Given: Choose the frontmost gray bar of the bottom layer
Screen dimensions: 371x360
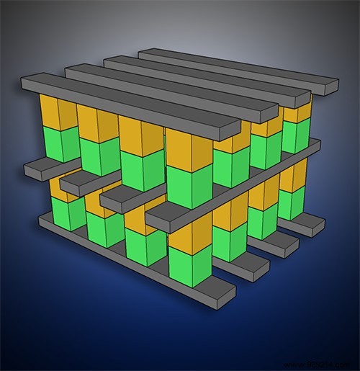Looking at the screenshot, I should tap(137, 259).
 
